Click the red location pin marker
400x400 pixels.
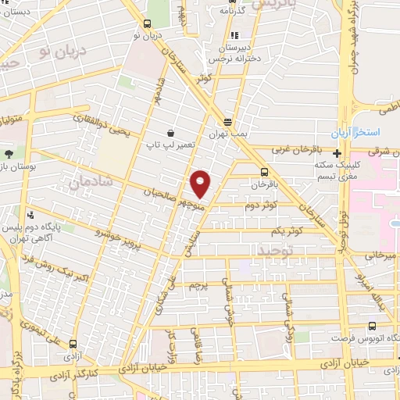pos(201,184)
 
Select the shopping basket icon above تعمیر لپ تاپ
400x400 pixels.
pos(170,133)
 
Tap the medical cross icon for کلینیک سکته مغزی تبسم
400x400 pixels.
pos(337,154)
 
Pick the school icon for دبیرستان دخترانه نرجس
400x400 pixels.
pos(235,35)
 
